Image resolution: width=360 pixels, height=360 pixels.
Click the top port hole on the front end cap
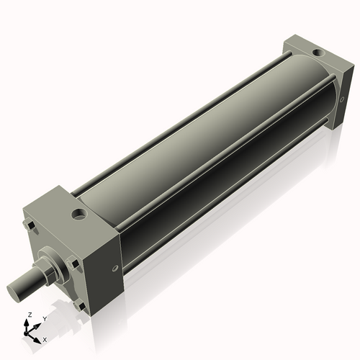click(77, 214)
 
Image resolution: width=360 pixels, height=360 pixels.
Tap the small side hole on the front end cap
click(116, 270)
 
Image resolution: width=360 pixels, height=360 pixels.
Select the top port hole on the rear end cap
click(317, 53)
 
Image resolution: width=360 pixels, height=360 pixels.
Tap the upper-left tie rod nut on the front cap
click(32, 228)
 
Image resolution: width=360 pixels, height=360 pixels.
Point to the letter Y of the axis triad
click(44, 318)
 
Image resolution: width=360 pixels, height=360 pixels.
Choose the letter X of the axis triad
click(45, 338)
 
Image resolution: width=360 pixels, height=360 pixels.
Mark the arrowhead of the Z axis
click(28, 323)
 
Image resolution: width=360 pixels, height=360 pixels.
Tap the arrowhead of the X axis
click(38, 337)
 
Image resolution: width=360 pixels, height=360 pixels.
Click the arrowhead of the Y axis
click(37, 324)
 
